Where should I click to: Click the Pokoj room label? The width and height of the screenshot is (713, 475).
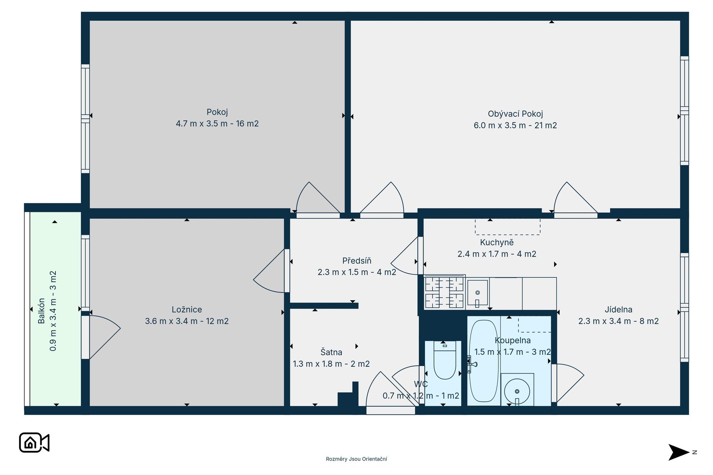(217, 112)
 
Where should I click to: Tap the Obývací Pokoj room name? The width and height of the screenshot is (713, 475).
(515, 114)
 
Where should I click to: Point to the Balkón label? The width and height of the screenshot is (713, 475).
(41, 311)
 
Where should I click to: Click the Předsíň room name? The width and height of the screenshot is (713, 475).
(356, 261)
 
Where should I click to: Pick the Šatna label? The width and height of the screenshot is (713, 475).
(331, 352)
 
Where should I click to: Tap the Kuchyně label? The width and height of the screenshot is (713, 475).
(497, 243)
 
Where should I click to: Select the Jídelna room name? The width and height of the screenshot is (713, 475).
(618, 309)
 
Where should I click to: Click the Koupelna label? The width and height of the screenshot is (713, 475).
(512, 340)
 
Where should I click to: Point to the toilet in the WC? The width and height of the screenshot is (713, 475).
(445, 360)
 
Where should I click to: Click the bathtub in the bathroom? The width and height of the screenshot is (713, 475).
(483, 361)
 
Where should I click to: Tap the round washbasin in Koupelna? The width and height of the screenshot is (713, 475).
(517, 391)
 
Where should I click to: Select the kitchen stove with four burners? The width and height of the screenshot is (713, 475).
(445, 292)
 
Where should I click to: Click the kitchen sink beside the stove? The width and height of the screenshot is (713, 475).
(477, 293)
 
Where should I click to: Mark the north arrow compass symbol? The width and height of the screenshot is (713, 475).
(680, 452)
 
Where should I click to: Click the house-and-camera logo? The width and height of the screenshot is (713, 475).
(34, 443)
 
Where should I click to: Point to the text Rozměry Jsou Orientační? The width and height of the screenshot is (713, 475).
(356, 459)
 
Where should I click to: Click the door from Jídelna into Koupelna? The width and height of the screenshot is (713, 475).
(568, 383)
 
